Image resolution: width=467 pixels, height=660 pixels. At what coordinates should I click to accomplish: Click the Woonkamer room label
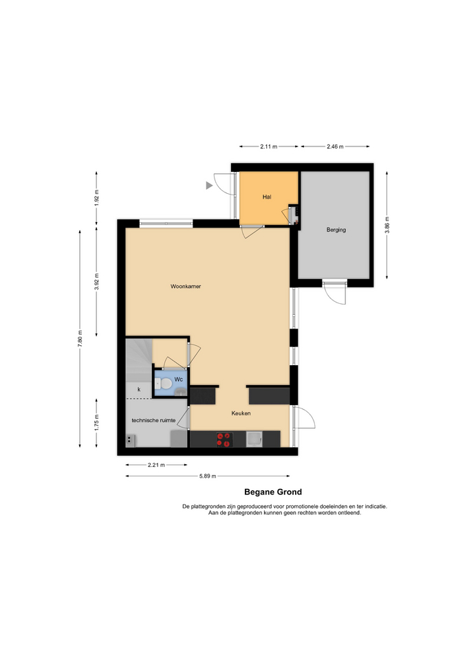coord(186,286)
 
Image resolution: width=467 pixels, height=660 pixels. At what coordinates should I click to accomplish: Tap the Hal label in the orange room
coord(267,197)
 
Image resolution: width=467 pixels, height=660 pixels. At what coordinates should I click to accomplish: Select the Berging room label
coord(336,230)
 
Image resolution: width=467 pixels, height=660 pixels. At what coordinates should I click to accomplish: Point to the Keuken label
coord(241,413)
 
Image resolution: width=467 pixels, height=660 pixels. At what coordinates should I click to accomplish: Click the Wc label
coord(179,379)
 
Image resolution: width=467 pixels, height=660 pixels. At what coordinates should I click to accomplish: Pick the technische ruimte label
coord(153,420)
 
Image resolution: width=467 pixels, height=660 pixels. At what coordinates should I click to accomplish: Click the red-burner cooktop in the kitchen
coord(224,439)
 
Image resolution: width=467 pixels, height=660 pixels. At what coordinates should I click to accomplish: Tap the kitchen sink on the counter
coord(254,439)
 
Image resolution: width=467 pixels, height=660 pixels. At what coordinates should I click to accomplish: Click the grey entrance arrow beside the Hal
coord(209,185)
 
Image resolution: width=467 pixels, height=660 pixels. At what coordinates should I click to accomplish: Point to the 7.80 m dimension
coord(80,339)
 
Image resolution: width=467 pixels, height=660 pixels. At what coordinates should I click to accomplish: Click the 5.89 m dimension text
coord(208,476)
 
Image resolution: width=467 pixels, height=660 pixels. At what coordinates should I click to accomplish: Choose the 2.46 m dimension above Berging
coord(335,146)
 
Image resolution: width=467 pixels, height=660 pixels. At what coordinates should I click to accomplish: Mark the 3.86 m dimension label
coord(387,225)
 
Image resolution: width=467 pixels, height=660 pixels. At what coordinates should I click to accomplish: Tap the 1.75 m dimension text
coord(96,423)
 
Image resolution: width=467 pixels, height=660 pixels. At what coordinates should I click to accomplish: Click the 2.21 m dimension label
coord(156,465)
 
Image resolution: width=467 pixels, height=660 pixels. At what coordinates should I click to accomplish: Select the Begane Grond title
coord(273,492)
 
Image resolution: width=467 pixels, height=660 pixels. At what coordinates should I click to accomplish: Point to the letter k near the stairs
coord(139,390)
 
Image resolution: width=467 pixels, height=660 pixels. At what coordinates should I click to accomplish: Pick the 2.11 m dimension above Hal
coord(269,146)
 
